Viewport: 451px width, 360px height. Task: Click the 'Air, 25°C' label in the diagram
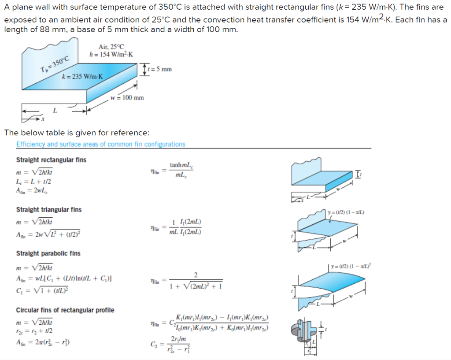(111, 47)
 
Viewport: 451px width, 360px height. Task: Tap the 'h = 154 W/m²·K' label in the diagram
(111, 54)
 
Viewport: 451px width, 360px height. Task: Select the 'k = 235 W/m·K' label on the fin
(82, 76)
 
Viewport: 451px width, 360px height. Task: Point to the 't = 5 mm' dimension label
(160, 69)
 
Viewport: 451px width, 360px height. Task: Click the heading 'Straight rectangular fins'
(51, 160)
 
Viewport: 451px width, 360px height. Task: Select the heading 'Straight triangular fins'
(49, 209)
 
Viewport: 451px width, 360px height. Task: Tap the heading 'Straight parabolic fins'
(48, 253)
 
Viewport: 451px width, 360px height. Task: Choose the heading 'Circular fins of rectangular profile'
(65, 310)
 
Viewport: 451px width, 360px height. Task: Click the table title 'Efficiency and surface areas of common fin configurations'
(101, 144)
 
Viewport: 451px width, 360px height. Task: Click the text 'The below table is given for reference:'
(77, 133)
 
